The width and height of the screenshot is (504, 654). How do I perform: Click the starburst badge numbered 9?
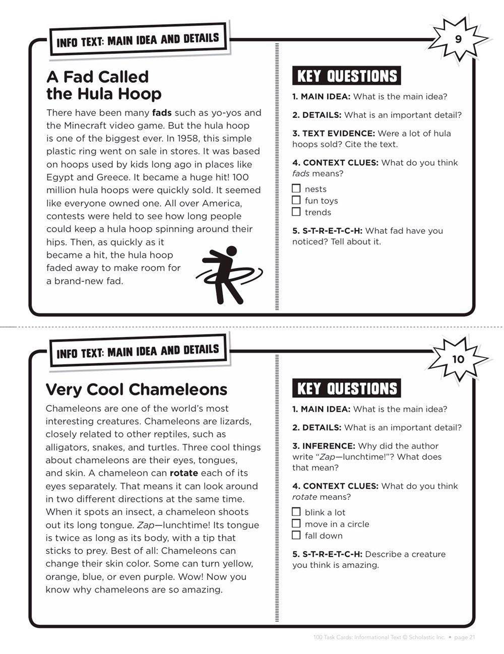click(458, 39)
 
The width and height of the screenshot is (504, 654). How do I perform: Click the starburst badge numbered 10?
click(458, 359)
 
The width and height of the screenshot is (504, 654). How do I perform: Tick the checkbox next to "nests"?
click(296, 189)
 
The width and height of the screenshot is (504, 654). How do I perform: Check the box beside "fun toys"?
click(296, 201)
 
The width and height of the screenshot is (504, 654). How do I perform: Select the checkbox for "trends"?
click(296, 212)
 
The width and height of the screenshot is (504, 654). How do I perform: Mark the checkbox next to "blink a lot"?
click(296, 512)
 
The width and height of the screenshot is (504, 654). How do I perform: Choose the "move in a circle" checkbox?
click(296, 524)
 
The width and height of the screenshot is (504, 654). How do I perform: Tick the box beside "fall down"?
click(296, 536)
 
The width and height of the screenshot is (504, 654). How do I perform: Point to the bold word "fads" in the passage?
click(162, 112)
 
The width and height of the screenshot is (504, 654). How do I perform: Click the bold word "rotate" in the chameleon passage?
click(184, 473)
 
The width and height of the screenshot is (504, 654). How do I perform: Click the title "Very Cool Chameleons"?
click(137, 389)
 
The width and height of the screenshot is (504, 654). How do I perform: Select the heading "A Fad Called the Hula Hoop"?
click(104, 85)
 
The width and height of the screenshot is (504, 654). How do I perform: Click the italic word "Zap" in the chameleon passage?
click(145, 525)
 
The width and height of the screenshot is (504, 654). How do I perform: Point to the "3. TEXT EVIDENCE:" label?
click(334, 134)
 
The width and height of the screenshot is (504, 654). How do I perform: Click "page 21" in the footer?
click(465, 637)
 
